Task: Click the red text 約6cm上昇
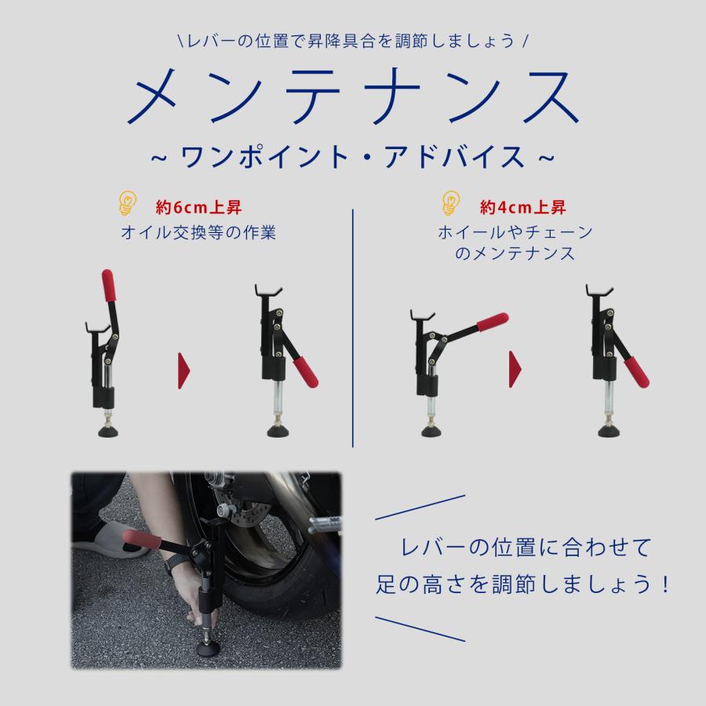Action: [x=198, y=209]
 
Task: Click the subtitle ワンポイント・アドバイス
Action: [x=352, y=155]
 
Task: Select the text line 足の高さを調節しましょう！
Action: [x=521, y=584]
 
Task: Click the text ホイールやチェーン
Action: [x=515, y=234]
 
